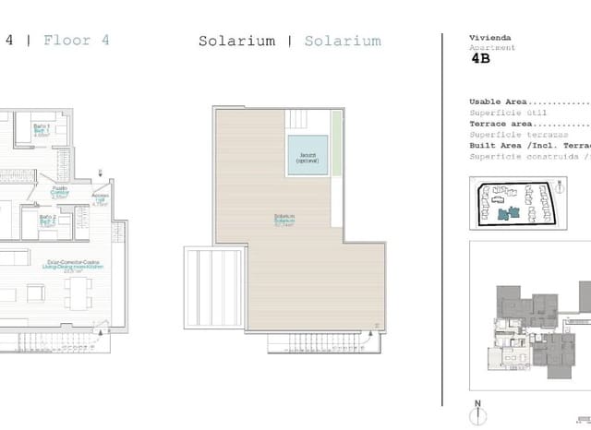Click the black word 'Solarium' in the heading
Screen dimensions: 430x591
tap(236, 41)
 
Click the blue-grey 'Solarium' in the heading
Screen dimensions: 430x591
tap(342, 41)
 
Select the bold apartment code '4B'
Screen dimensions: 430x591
tap(482, 58)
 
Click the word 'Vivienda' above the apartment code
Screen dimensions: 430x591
tap(488, 37)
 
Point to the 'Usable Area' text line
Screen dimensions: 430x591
tap(499, 102)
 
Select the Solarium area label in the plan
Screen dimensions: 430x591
tap(284, 220)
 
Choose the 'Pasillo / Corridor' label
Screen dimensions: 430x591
tap(57, 192)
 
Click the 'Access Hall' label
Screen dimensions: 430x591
tap(101, 199)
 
